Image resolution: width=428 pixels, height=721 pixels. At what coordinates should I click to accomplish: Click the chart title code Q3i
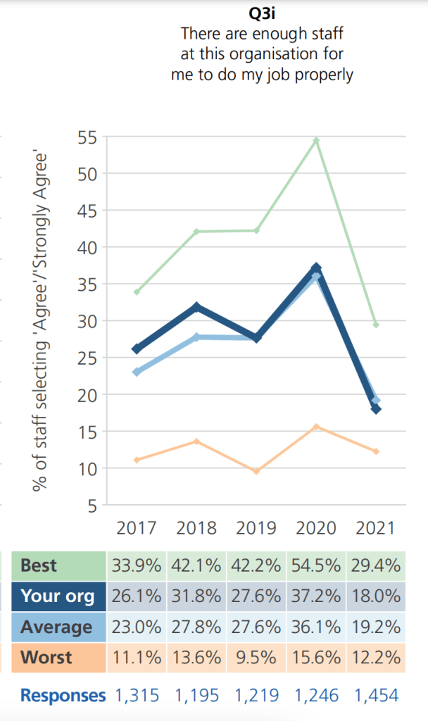[262, 13]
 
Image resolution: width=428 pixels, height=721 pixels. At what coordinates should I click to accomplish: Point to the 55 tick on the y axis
[88, 137]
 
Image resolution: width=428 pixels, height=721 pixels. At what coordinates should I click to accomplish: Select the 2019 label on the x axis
[256, 527]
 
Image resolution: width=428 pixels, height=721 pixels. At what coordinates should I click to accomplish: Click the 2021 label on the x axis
[376, 527]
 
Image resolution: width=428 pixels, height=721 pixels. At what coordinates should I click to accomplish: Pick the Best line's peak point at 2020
[316, 141]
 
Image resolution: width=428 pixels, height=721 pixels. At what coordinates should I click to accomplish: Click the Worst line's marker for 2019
[256, 471]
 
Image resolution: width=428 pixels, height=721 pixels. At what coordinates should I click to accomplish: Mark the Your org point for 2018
[196, 307]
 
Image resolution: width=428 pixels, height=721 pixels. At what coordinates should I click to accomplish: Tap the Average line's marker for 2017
[137, 372]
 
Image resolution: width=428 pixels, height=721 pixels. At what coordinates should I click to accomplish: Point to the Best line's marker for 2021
[376, 325]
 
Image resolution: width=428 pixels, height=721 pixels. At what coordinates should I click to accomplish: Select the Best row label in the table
[39, 565]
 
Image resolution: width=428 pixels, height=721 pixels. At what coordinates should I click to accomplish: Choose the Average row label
[56, 627]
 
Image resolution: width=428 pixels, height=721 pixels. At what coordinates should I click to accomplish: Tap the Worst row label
[46, 658]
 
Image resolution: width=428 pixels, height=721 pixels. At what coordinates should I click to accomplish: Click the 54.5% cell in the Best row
[316, 565]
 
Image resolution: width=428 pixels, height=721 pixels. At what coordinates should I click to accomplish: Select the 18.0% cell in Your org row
[376, 596]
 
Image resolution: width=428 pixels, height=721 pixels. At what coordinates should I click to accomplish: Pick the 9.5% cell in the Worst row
[256, 658]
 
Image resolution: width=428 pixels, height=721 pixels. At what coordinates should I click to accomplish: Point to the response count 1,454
[376, 696]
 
